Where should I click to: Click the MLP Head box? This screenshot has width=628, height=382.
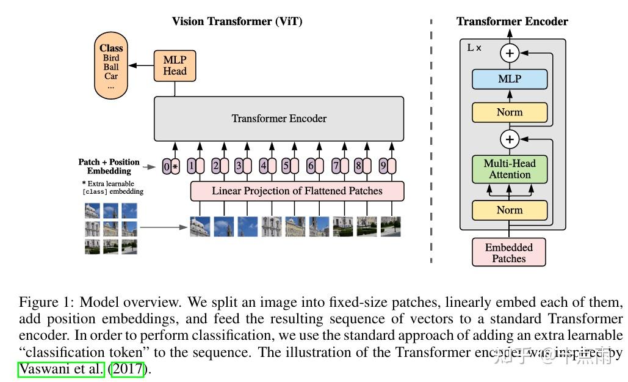(175, 65)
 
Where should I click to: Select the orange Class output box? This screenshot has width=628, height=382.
(111, 67)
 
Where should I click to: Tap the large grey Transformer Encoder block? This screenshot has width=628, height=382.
(279, 119)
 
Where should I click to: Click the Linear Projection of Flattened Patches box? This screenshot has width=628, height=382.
(297, 191)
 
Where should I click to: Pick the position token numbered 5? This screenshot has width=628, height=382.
(290, 166)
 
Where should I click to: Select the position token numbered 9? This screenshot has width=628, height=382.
(388, 166)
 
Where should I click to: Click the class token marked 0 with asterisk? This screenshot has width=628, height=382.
(170, 166)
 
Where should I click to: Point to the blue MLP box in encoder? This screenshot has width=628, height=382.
(510, 79)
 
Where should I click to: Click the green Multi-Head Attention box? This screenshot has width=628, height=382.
(510, 169)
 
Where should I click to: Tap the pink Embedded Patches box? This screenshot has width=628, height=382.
(509, 252)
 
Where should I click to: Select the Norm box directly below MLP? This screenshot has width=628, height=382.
(510, 112)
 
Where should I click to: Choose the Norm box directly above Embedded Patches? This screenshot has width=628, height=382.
(510, 210)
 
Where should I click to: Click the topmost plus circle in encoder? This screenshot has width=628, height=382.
(510, 53)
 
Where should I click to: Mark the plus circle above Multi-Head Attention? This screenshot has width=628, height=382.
(510, 139)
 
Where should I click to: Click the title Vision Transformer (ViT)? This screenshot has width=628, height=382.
(237, 21)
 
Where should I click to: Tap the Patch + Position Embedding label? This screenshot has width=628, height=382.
(109, 166)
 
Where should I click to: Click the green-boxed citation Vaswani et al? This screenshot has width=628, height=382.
(61, 369)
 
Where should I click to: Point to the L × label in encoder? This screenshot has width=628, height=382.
(474, 48)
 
